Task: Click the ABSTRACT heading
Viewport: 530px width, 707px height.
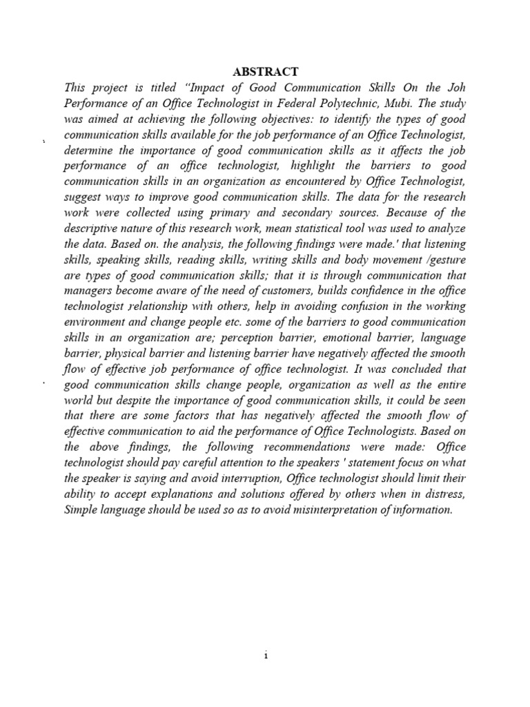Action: [x=265, y=72]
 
